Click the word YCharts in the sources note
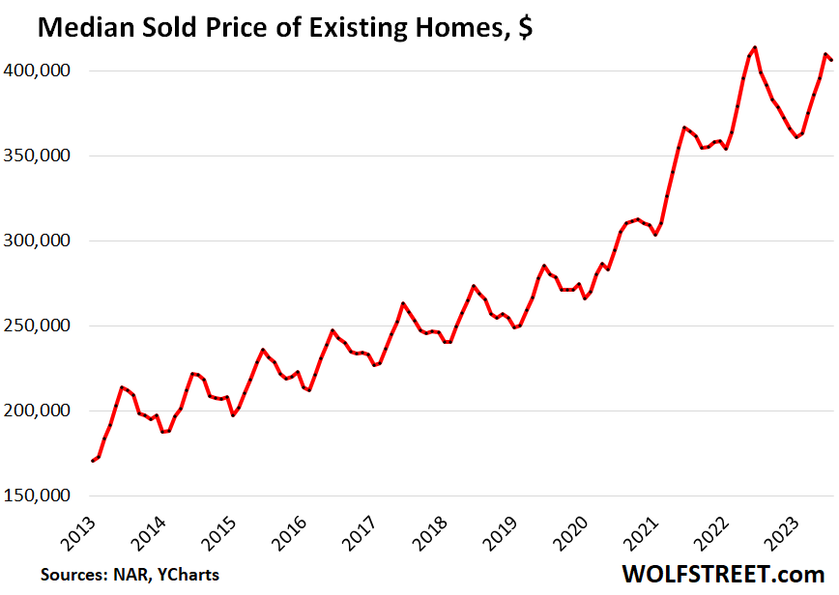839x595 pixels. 186,575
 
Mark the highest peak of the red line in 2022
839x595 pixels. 754,46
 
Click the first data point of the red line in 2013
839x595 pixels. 93,461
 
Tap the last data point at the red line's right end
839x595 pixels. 831,61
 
